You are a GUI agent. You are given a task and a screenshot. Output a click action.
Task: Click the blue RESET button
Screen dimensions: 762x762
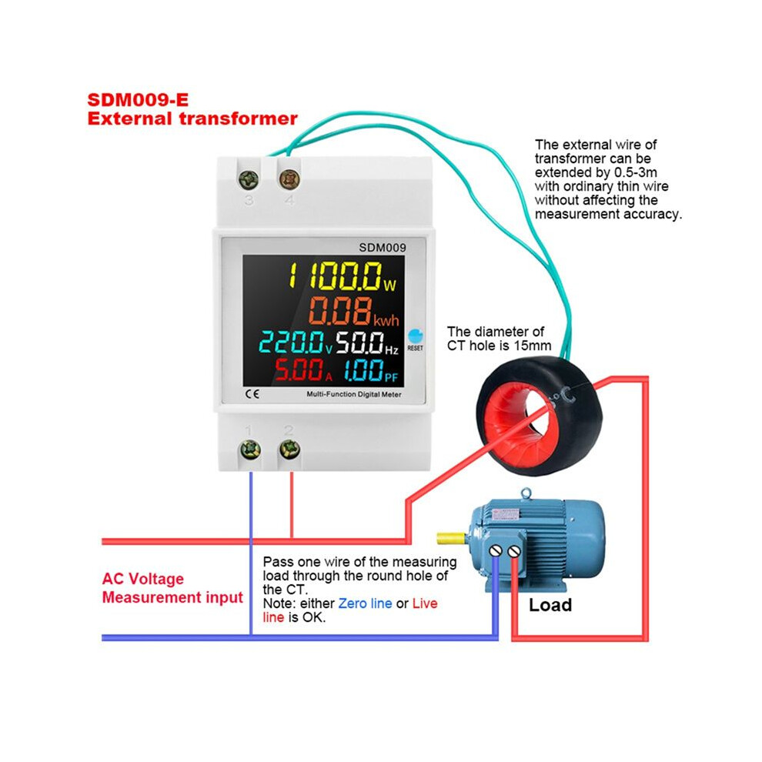tap(416, 336)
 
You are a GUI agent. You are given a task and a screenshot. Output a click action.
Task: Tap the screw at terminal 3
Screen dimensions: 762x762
tap(249, 179)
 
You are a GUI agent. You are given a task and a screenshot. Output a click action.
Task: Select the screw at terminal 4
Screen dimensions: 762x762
tap(289, 179)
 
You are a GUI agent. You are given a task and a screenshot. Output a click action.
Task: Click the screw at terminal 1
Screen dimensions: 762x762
tap(251, 450)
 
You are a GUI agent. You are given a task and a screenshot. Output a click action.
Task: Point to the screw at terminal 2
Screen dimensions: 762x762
tap(289, 450)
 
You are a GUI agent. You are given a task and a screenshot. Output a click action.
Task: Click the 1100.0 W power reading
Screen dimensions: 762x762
tap(343, 276)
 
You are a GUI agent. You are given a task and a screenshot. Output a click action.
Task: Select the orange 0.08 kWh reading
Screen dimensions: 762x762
tap(353, 312)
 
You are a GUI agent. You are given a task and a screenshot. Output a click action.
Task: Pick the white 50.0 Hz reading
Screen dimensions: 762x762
tap(367, 342)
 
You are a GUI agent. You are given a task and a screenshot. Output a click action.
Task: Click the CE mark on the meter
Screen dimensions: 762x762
tap(252, 393)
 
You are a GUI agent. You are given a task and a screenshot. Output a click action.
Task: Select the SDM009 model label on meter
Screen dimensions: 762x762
tap(383, 247)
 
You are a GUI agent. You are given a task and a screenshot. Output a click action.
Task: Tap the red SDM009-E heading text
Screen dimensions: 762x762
tap(138, 99)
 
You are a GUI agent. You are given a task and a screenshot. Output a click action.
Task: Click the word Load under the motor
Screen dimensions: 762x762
tap(550, 605)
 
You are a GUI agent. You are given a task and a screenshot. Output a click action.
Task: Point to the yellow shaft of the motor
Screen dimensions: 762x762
tap(452, 538)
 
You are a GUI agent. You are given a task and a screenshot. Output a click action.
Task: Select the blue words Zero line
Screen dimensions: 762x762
tap(365, 603)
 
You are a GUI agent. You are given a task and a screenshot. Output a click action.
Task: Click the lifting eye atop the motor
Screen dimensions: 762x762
tap(526, 494)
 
